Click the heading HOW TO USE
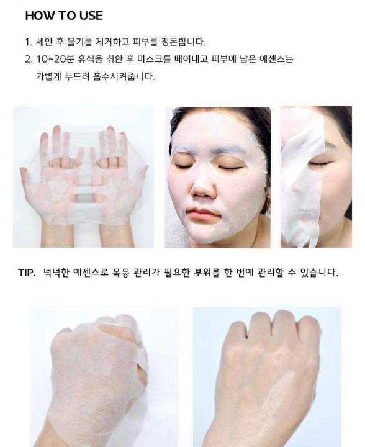(64, 16)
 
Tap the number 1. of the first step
(28, 42)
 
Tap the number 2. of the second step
(29, 60)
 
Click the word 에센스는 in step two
(273, 60)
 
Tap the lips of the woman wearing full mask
(204, 214)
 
